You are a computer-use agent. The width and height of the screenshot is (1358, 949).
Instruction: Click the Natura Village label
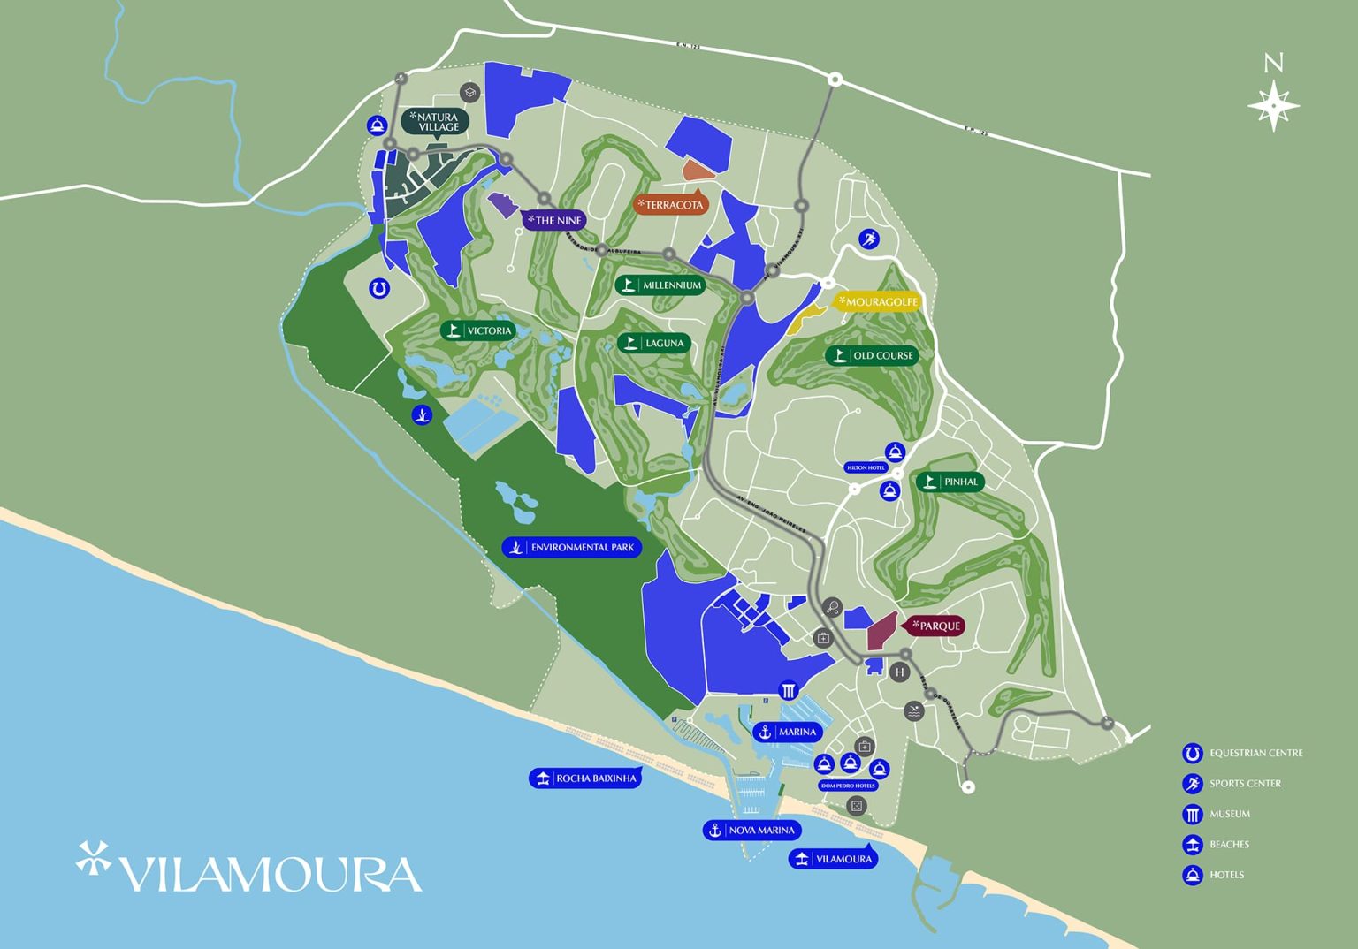(x=435, y=122)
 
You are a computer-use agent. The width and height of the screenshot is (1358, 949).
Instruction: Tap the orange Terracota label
(x=671, y=205)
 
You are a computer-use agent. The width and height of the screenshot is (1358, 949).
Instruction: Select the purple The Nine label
(x=554, y=220)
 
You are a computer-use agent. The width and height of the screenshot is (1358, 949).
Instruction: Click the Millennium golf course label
(x=660, y=285)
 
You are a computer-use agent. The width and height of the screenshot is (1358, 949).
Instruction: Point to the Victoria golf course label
(x=478, y=330)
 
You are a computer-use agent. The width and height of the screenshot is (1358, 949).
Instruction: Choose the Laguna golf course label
(x=654, y=343)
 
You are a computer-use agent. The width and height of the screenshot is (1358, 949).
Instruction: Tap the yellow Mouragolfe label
(x=878, y=302)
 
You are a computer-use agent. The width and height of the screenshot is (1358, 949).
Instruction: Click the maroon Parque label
(x=935, y=626)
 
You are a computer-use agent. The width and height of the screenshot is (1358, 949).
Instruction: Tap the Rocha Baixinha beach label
(x=585, y=778)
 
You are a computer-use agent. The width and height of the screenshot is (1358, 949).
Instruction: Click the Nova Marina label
(x=752, y=830)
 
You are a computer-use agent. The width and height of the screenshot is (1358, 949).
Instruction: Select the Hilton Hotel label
(x=866, y=467)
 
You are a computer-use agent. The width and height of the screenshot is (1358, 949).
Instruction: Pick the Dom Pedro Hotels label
(x=847, y=785)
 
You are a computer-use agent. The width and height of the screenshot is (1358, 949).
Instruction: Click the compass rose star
(x=1273, y=105)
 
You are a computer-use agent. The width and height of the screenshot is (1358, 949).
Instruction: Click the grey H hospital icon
(x=899, y=672)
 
